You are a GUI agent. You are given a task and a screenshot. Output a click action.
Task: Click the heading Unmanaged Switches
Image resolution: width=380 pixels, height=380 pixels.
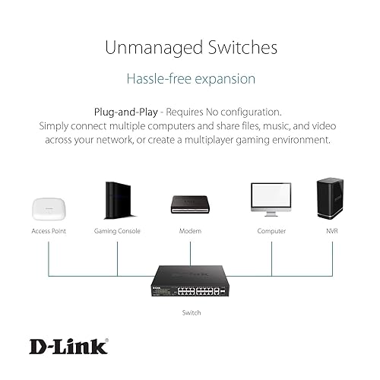[x=190, y=48]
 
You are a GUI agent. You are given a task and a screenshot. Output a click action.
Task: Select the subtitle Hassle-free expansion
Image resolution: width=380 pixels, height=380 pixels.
[x=190, y=79]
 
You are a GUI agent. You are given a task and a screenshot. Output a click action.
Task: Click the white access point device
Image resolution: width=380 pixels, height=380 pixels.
[x=49, y=207]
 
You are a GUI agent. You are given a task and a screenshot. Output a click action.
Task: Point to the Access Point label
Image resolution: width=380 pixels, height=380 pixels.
[x=49, y=230]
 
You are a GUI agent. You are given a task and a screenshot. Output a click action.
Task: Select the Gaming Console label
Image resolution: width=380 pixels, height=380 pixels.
[x=117, y=230]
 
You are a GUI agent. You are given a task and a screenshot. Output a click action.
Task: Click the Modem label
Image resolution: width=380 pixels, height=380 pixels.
[x=190, y=230]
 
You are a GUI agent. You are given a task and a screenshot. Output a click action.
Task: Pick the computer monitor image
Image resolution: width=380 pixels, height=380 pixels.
[x=271, y=198]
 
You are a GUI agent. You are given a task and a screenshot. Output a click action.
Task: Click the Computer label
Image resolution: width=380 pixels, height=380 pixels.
[x=271, y=230]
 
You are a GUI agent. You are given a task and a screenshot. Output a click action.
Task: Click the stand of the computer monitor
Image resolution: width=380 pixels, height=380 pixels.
[x=271, y=214]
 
